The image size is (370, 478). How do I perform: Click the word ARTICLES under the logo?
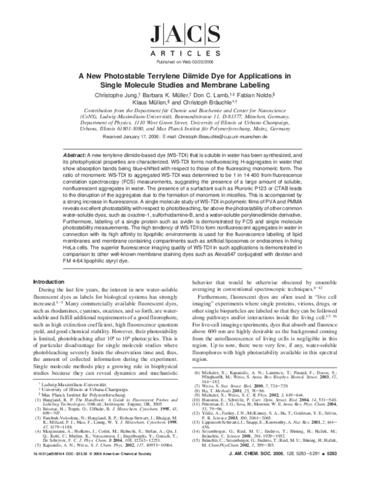coord(184,54)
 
